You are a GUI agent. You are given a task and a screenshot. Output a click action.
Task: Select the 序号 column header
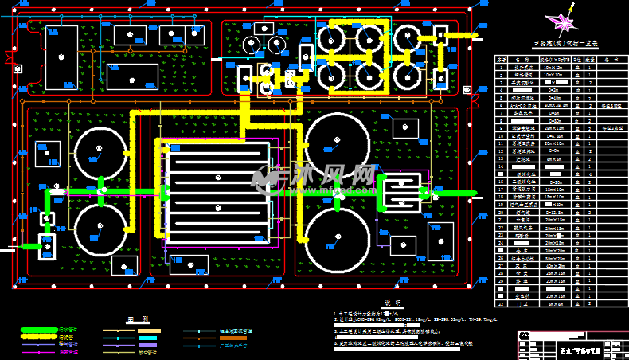pos(502,59)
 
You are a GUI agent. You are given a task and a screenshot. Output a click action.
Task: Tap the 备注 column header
pos(611,59)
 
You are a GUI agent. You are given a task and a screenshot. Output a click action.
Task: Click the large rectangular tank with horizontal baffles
pos(218,191)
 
